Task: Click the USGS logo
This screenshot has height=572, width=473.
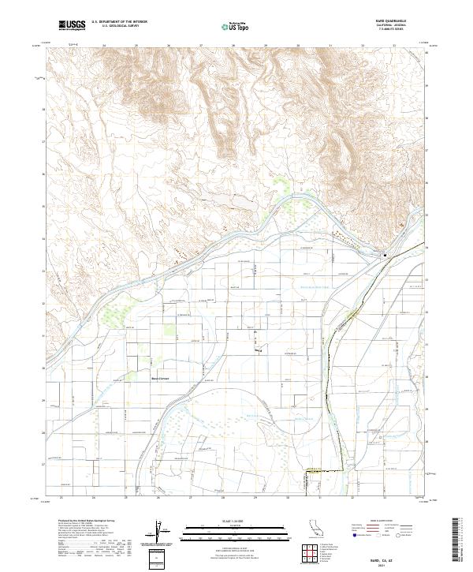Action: point(73,25)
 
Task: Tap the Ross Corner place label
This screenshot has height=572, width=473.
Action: point(161,378)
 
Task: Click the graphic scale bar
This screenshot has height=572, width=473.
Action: point(234,533)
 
